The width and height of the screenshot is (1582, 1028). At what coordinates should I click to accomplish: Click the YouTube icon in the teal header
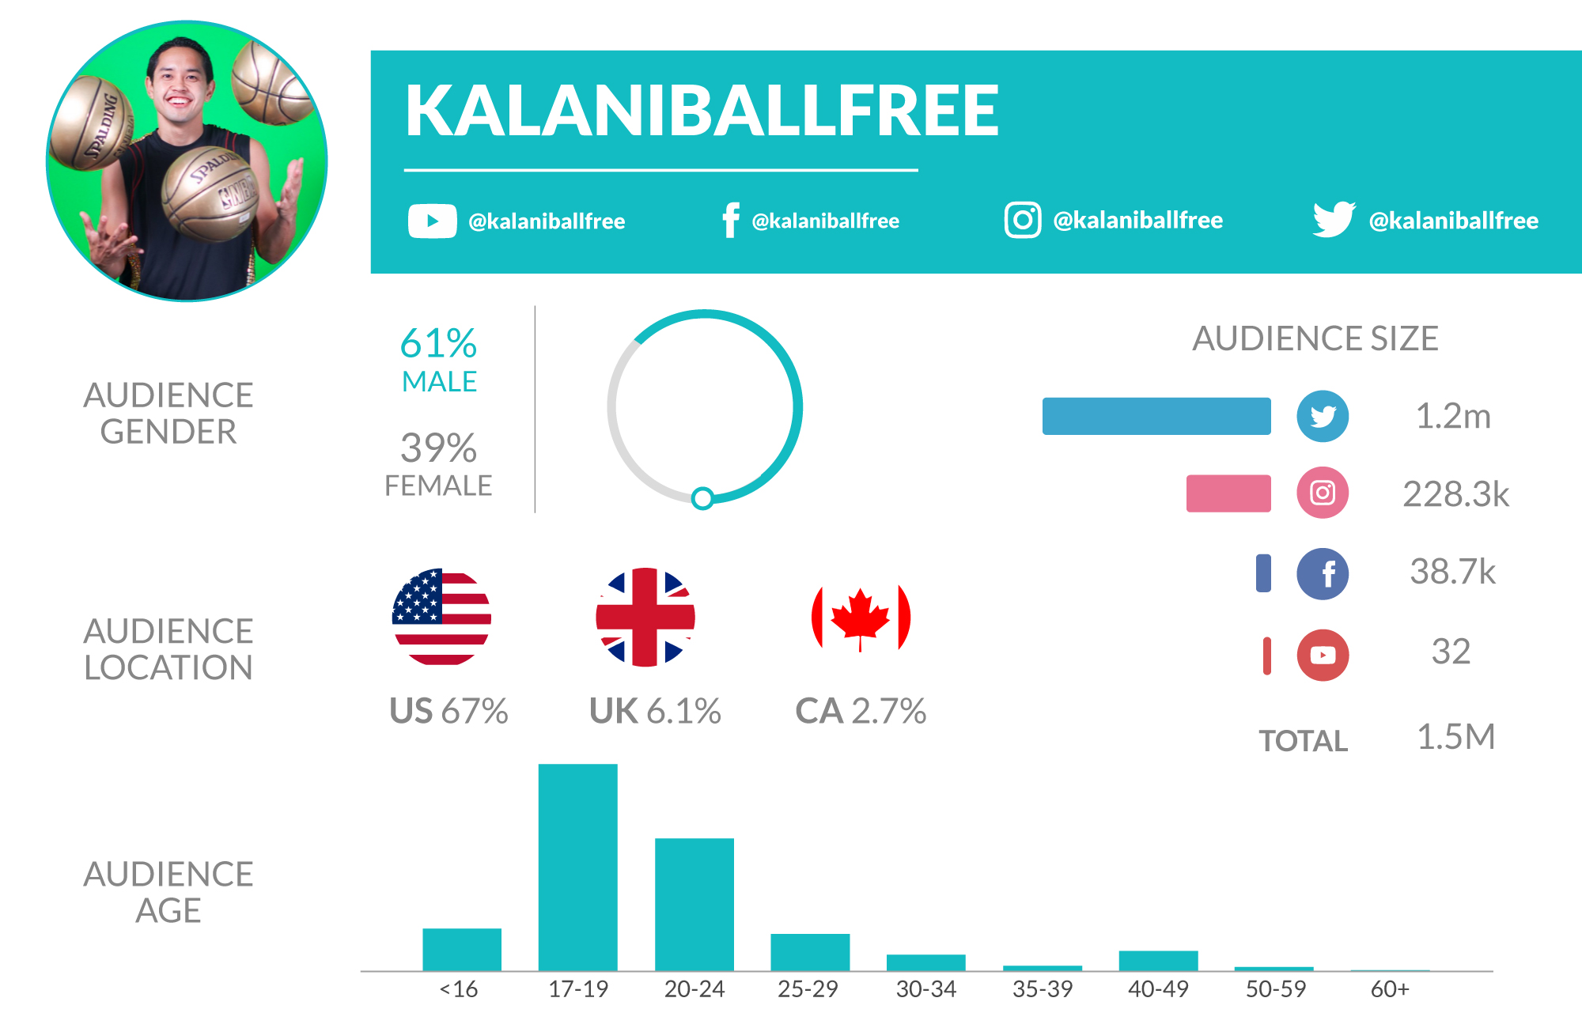click(432, 221)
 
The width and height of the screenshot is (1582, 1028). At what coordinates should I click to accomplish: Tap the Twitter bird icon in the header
click(1334, 219)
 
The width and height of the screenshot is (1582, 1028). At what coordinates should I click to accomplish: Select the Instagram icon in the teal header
click(1022, 219)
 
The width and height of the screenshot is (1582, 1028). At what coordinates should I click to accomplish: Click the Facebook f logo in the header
click(731, 220)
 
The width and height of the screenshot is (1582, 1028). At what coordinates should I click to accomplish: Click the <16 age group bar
click(462, 949)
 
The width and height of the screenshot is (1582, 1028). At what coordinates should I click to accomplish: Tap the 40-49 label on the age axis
click(1158, 989)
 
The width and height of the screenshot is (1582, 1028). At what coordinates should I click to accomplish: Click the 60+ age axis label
click(1390, 989)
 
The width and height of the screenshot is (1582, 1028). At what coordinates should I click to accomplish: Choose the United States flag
click(441, 617)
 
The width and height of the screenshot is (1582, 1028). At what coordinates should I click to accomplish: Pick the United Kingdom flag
click(645, 617)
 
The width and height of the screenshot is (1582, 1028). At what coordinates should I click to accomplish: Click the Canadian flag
click(861, 617)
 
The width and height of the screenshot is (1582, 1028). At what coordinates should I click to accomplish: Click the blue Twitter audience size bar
click(1156, 416)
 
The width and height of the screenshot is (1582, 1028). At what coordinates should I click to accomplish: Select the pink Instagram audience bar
click(1228, 493)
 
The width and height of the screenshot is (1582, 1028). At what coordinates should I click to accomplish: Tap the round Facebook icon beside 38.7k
click(1323, 573)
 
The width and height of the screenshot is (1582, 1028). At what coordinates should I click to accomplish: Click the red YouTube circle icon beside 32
click(1323, 655)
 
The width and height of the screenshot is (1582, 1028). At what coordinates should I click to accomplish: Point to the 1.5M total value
click(1455, 737)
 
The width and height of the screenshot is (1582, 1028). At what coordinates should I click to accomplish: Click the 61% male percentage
click(438, 344)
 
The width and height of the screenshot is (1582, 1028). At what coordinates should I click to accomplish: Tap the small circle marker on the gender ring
click(702, 498)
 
